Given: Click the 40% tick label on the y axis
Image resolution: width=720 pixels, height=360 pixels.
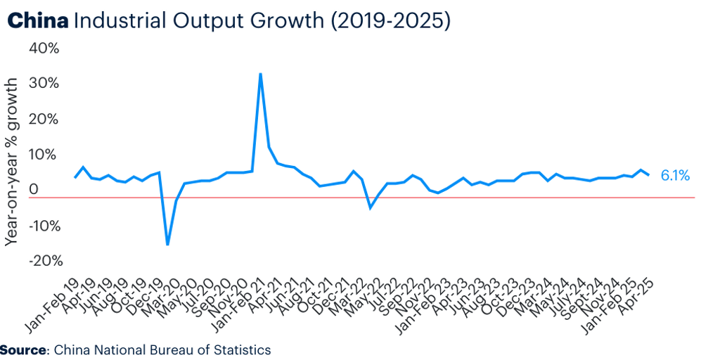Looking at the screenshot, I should (44, 49).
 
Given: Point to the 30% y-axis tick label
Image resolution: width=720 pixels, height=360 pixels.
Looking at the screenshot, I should (44, 84).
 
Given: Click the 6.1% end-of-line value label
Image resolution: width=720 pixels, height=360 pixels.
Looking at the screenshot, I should (675, 176).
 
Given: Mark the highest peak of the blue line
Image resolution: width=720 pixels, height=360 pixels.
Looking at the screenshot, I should (261, 74).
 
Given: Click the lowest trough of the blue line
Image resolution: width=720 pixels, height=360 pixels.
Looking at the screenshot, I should (167, 245).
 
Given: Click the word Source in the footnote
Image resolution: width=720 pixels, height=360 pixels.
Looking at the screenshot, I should (22, 349).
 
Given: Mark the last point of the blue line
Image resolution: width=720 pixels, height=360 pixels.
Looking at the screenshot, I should (648, 174).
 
